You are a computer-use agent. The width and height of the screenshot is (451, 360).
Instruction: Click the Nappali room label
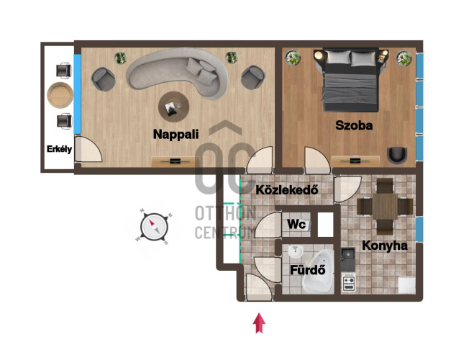[176, 134]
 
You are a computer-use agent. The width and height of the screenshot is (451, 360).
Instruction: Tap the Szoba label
[354, 125]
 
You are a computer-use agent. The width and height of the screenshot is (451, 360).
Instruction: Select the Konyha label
[385, 246]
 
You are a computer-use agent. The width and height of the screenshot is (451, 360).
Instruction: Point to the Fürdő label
[307, 270]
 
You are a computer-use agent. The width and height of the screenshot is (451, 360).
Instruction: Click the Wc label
[296, 224]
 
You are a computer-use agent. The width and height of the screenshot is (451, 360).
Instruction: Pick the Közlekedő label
[287, 190]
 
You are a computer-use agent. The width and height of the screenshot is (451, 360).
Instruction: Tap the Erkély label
[59, 149]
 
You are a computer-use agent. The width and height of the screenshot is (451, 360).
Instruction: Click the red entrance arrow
[259, 323]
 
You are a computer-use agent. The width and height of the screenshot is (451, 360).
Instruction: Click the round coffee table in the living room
[174, 107]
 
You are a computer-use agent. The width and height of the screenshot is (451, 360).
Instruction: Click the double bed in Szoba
[350, 80]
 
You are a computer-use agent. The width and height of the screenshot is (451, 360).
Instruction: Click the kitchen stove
[348, 283]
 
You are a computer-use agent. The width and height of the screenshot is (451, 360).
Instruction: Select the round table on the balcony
[60, 95]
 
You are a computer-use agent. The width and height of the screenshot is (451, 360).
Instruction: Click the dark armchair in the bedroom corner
[397, 156]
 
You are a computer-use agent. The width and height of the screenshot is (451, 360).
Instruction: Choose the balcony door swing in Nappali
[88, 149]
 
